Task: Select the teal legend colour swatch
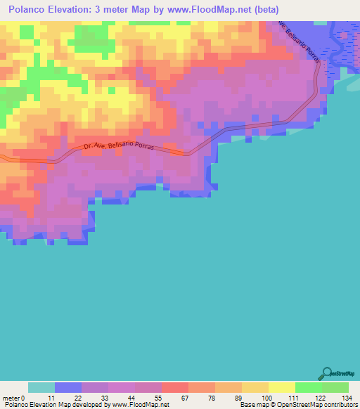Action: [41, 387]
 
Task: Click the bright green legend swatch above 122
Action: [308, 387]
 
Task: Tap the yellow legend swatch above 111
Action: [281, 387]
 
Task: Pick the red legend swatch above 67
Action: [174, 387]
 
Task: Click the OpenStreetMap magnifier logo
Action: [328, 372]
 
